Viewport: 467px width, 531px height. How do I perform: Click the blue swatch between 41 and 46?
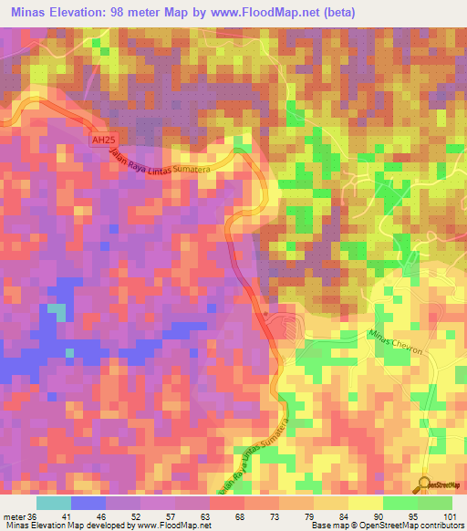[x=88, y=503]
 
